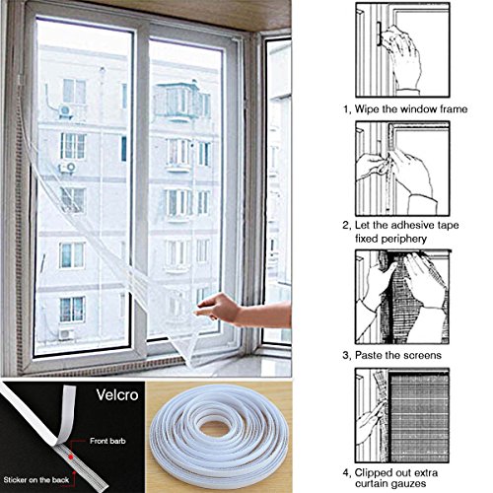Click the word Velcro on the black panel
117,394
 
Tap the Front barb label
107,441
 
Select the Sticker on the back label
36,480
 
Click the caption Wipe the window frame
411,108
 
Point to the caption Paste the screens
398,355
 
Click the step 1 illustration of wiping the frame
402,49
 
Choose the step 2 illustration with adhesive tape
402,169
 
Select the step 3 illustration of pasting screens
402,297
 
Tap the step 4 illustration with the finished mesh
402,415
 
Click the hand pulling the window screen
217,309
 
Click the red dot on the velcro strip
71,457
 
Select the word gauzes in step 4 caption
406,484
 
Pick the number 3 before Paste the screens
345,355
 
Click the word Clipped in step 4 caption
373,472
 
